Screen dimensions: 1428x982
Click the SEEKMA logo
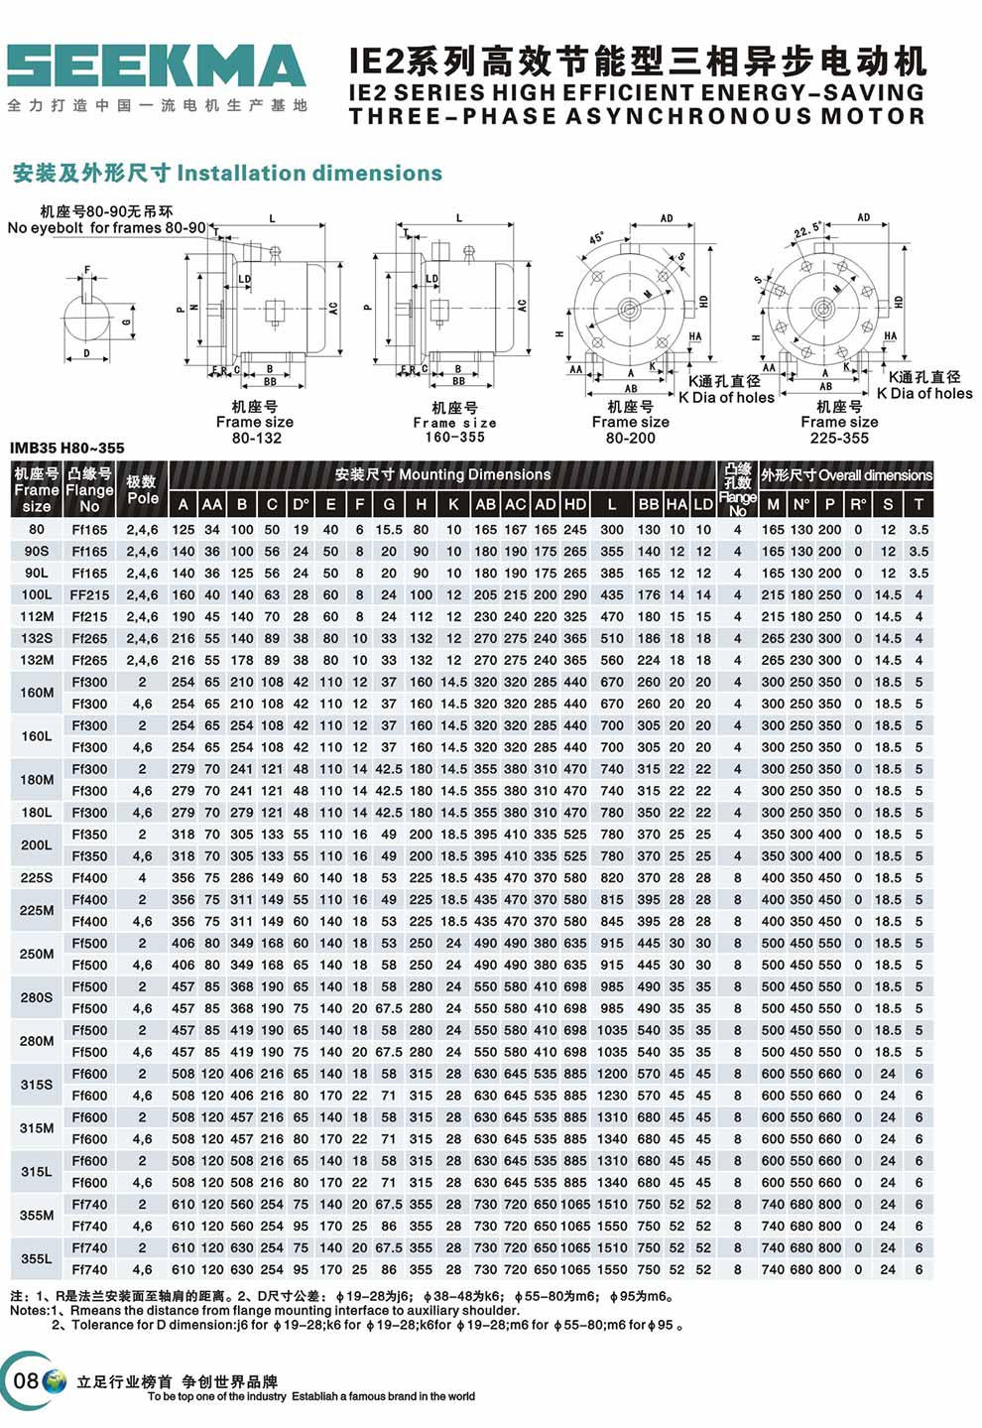pos(157,66)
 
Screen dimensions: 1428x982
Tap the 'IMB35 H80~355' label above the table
pos(67,448)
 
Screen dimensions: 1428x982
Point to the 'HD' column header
pos(575,504)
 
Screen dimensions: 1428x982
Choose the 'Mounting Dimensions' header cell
pos(442,474)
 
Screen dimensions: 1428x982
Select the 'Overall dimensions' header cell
pos(846,475)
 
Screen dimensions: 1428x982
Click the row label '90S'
pos(37,551)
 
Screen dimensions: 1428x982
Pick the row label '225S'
pos(37,877)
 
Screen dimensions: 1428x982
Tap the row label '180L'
pos(37,812)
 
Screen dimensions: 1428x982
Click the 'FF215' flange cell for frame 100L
pos(89,594)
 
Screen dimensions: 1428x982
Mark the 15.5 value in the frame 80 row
pos(389,529)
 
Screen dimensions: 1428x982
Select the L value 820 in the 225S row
pos(612,877)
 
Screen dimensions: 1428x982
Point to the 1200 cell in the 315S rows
pos(612,1074)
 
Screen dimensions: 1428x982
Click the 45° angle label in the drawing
pos(596,239)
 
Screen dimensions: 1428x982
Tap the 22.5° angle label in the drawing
pos(807,231)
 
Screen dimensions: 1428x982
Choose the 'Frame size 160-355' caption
pos(455,422)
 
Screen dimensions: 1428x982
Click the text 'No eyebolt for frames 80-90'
pos(106,227)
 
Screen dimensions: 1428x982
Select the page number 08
pos(26,1380)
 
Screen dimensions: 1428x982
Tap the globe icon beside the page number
pos(56,1380)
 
